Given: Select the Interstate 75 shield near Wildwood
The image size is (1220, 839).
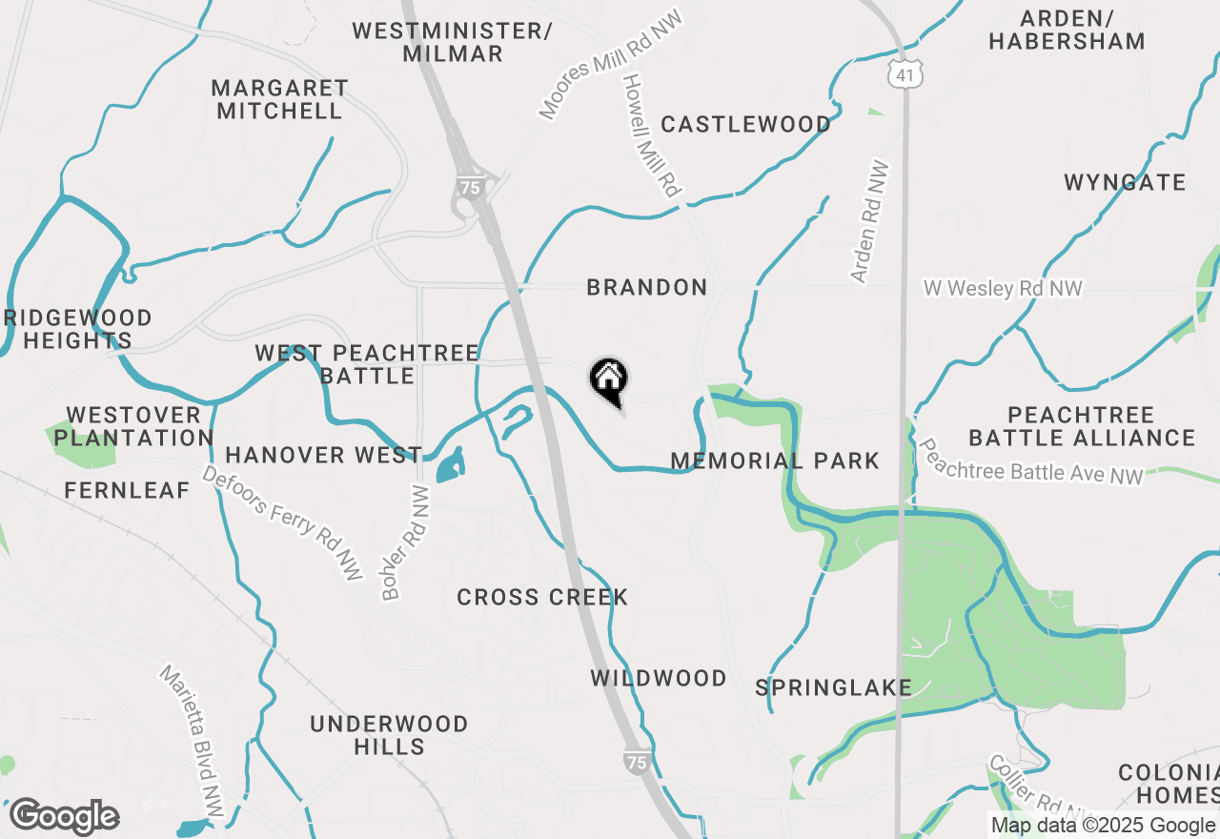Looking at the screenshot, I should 636,761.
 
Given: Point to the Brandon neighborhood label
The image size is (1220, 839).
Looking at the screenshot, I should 647,287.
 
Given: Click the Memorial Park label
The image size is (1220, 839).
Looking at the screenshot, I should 775,461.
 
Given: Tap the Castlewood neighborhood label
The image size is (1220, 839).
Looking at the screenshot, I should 745,125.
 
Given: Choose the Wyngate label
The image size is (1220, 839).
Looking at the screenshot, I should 1125,182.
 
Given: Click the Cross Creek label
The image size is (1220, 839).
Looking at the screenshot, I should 542,598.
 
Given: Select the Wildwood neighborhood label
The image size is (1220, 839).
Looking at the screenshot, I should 659,679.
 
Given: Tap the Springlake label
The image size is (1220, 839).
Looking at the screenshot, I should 834,687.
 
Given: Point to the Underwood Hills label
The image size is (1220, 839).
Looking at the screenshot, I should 389,735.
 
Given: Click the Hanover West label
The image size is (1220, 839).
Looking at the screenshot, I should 324,456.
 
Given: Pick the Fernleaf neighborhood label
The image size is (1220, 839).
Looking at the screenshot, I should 128,491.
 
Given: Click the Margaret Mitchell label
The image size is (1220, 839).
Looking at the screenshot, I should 279,99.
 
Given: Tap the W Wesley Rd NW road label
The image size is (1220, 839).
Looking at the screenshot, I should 1003,288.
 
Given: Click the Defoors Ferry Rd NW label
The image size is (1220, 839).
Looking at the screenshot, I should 282,523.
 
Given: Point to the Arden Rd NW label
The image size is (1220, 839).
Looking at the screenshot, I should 870,222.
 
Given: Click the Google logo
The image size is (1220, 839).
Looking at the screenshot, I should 64,817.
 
